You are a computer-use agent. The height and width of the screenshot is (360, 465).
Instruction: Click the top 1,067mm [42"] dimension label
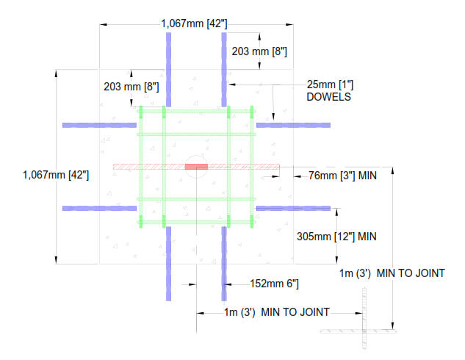pos(194,24)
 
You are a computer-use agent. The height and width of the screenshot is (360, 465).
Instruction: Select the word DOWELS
pos(328,96)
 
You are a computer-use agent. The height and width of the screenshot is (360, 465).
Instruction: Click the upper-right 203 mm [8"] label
pos(259,51)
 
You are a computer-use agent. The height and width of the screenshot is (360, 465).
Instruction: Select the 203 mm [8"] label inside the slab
pos(131,87)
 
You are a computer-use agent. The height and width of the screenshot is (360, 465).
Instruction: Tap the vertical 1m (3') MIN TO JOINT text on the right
pos(392,273)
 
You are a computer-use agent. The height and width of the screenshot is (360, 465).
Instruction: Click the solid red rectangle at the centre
pos(196,167)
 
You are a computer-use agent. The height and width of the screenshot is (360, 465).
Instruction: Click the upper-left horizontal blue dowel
pos(99,125)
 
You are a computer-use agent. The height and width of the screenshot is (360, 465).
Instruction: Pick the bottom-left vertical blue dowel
pos(169,262)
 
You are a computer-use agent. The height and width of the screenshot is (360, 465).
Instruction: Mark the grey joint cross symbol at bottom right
pos(364,330)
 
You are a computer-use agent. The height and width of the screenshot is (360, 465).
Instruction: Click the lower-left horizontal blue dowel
pos(99,208)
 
